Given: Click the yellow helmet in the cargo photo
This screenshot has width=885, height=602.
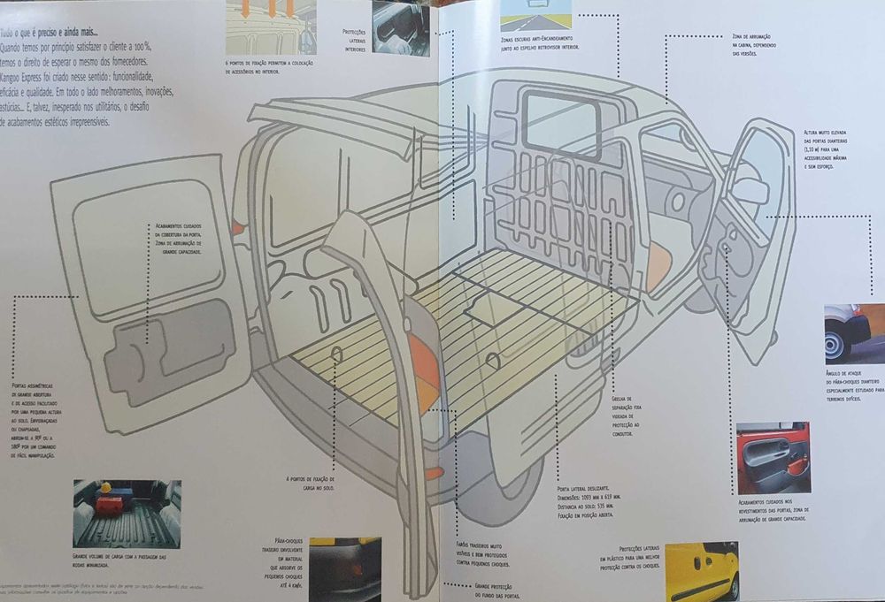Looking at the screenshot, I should pyautogui.click(x=105, y=488).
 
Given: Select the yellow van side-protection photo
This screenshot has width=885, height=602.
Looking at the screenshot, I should pyautogui.click(x=701, y=571).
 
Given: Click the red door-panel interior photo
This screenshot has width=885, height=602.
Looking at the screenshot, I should pyautogui.click(x=773, y=457).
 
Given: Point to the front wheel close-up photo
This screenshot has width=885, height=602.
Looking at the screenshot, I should pyautogui.click(x=853, y=333).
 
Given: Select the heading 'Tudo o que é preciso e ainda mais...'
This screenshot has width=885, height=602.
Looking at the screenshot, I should pyautogui.click(x=50, y=34).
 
